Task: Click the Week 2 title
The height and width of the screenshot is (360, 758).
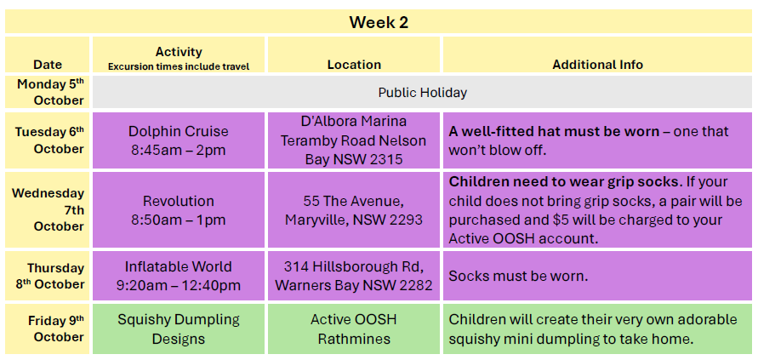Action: click(379, 22)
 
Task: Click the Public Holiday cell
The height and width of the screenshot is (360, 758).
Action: click(423, 93)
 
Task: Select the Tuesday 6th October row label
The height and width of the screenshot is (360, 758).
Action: click(48, 140)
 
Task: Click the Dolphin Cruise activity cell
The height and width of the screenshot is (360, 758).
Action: click(179, 140)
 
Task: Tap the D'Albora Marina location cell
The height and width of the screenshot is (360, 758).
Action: click(354, 140)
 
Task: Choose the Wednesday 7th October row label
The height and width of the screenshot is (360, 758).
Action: click(48, 210)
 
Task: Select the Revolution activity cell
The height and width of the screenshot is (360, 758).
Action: click(179, 210)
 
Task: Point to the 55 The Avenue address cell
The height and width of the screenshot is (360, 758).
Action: click(354, 210)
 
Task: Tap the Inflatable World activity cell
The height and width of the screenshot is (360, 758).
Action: click(179, 276)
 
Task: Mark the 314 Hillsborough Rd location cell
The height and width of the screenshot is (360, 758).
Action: click(354, 276)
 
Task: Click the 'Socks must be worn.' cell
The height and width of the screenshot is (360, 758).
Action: click(597, 276)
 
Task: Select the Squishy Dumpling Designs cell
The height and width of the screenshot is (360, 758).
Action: click(179, 329)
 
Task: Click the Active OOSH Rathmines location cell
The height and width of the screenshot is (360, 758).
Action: click(354, 329)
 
